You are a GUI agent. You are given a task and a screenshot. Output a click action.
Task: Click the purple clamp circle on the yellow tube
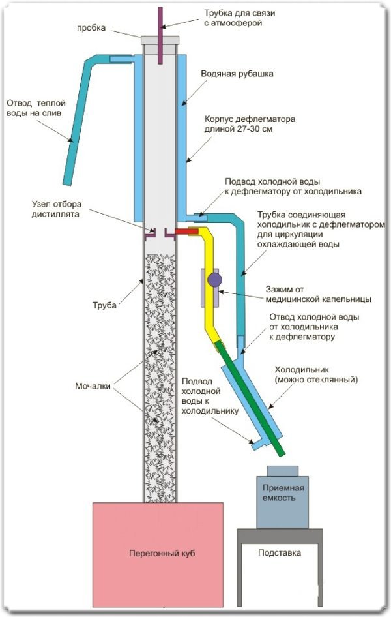click(x=214, y=280)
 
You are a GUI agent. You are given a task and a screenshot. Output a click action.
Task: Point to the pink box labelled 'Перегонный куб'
click(x=158, y=554)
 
